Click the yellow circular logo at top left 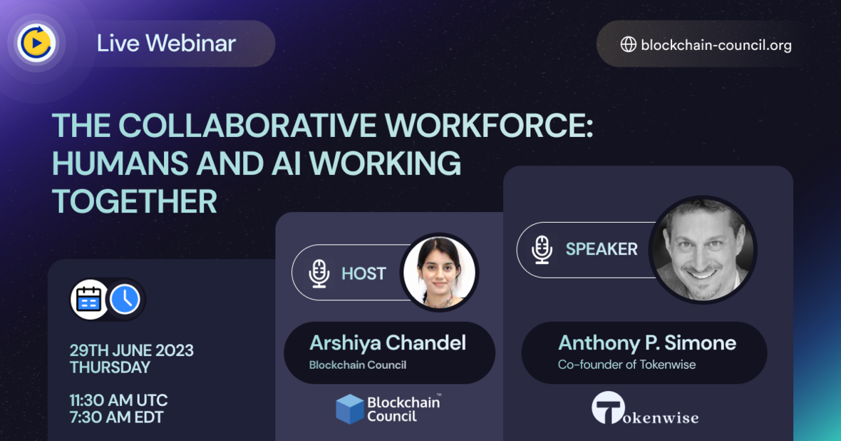tap(36, 44)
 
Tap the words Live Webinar tap(166, 44)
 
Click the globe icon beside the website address tap(628, 44)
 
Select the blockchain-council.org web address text tap(716, 45)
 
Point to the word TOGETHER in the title tap(134, 202)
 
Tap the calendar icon tap(89, 300)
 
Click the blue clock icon tap(125, 300)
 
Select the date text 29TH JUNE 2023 tap(131, 350)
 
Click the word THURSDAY tap(110, 367)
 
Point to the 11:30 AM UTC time tap(118, 400)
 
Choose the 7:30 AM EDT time tap(116, 417)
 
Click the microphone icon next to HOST tap(319, 273)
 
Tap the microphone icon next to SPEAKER tap(542, 249)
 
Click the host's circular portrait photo tap(438, 273)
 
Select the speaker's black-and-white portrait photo tap(703, 250)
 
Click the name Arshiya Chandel tap(388, 343)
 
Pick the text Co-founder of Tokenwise tap(626, 365)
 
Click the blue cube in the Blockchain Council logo tap(350, 409)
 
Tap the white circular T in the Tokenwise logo tap(608, 408)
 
